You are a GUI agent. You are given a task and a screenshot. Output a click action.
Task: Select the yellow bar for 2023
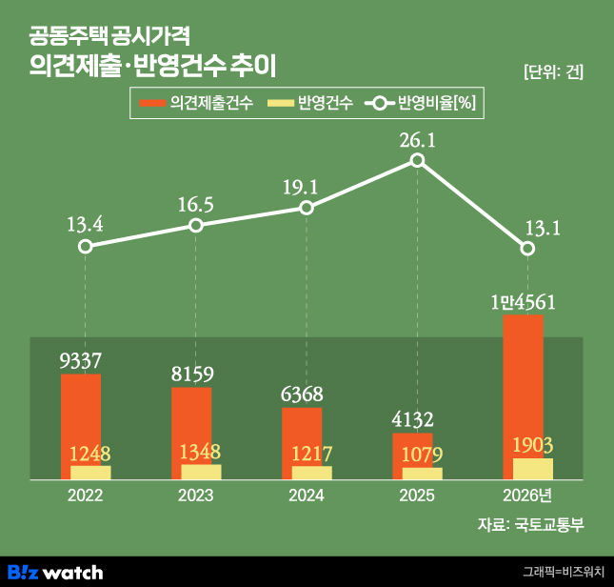pos(201,472)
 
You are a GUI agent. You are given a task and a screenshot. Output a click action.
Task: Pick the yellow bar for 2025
pos(422,473)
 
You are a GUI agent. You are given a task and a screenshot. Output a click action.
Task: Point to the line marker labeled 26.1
pos(417,161)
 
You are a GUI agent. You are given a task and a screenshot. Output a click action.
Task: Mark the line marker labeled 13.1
pos(527,249)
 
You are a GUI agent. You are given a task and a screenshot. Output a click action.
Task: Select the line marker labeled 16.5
pos(195,226)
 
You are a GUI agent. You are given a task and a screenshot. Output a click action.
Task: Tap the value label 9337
pos(80,361)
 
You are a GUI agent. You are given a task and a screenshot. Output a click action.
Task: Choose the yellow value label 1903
pos(532,445)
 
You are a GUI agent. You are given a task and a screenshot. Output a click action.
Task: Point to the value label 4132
pos(411,420)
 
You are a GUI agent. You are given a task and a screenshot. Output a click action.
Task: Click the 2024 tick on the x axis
pos(307,496)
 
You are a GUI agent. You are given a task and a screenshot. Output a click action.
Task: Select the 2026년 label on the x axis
pos(526,496)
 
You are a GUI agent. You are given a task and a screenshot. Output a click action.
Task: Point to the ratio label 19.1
pos(306,186)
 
